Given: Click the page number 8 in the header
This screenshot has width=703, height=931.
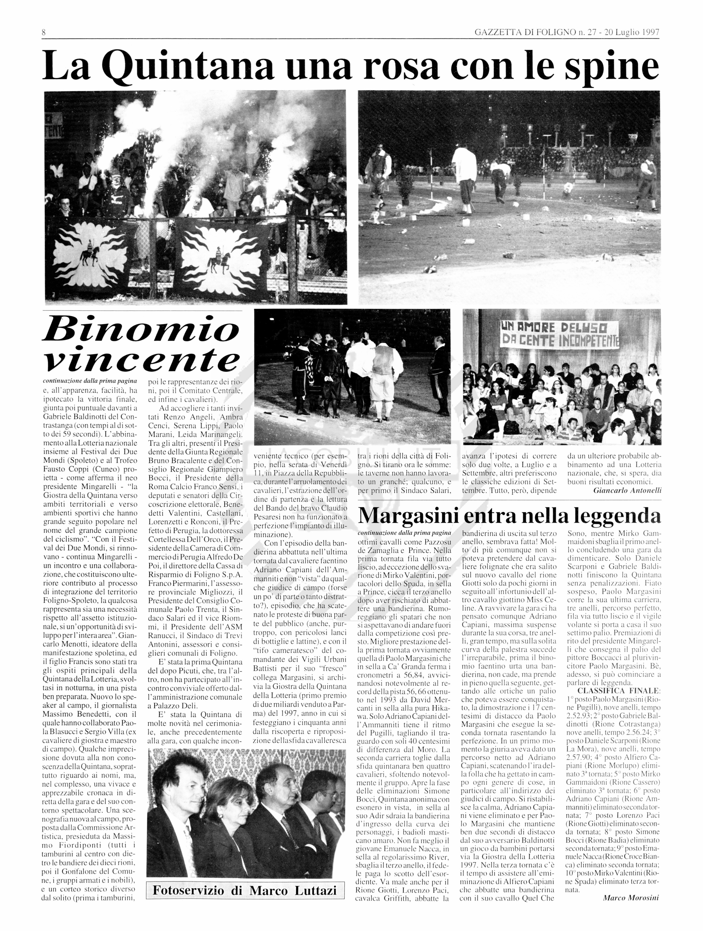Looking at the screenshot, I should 44,32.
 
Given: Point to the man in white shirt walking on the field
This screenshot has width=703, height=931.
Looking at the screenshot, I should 464,173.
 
